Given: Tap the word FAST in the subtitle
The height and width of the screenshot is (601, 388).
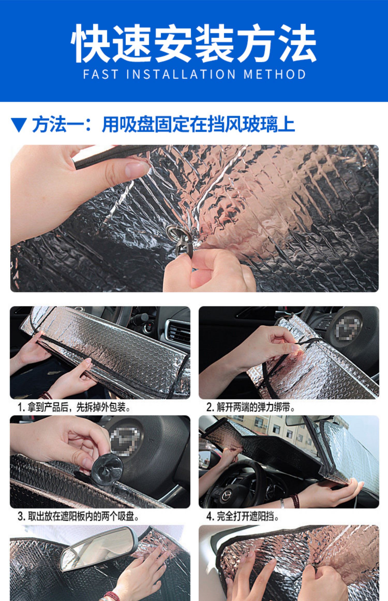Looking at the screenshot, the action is coord(101,74).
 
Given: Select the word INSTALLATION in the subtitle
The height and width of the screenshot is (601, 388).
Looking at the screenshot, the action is coord(181,74).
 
